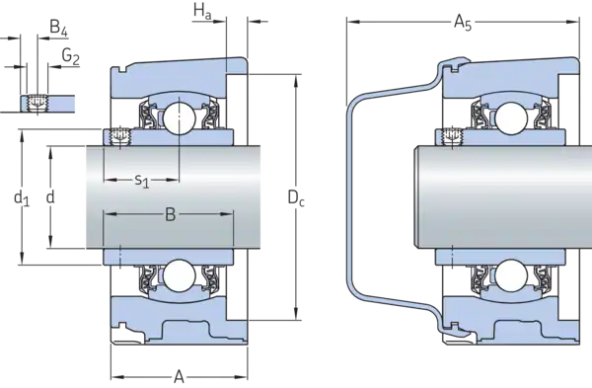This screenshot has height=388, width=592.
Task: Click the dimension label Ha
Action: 202,11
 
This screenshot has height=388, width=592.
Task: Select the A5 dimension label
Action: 463,23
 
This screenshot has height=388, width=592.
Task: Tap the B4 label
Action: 58,29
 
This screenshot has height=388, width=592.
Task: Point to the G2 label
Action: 71,56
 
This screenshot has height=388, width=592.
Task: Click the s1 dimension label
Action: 142,181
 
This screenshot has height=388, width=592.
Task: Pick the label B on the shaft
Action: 171,214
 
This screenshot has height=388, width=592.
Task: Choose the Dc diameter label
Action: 296,197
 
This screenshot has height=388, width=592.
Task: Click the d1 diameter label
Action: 21,197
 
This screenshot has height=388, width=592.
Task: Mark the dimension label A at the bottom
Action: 179,376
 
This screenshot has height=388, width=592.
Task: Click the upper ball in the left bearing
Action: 179,117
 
